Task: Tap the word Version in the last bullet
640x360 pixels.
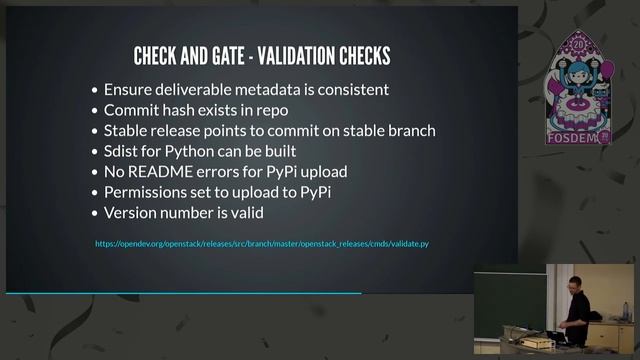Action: click(132, 212)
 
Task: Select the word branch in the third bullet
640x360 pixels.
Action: click(409, 130)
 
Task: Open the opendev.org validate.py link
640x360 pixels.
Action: click(262, 244)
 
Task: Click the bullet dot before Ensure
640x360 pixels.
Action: click(94, 90)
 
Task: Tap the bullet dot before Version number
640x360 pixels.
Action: click(94, 213)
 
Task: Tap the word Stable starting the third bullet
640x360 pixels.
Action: click(128, 130)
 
